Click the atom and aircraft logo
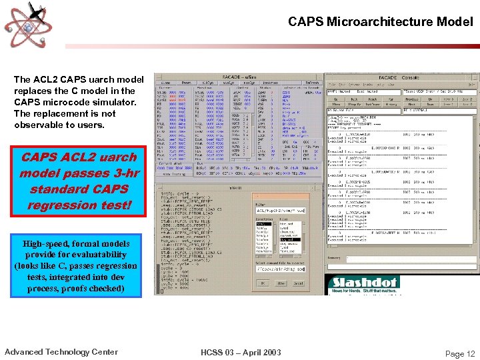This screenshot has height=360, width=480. coord(25,25)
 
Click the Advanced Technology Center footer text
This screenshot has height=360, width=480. coord(61,352)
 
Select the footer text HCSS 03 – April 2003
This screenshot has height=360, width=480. coord(241,352)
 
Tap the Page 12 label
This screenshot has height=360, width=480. coord(460,354)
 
